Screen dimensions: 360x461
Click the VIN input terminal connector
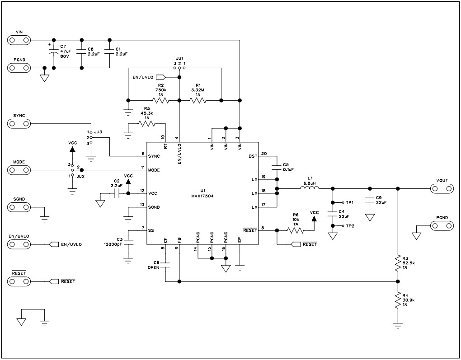[x=19, y=40]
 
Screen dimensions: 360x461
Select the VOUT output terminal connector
[x=442, y=188]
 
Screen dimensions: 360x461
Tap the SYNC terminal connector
[x=19, y=123]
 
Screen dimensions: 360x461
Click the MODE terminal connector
[x=19, y=170]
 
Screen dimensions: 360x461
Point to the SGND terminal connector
[x=19, y=207]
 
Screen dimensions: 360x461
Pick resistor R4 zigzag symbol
[x=398, y=300]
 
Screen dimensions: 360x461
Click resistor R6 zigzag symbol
[x=296, y=230]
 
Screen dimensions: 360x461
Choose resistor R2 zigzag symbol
[x=160, y=100]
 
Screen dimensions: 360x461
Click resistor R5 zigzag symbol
[x=146, y=123]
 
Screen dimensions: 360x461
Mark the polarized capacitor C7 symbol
[x=54, y=53]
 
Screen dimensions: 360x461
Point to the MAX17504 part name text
[x=202, y=196]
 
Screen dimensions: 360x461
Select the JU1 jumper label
[x=179, y=58]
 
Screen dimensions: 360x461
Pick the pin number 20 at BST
[x=264, y=153]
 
